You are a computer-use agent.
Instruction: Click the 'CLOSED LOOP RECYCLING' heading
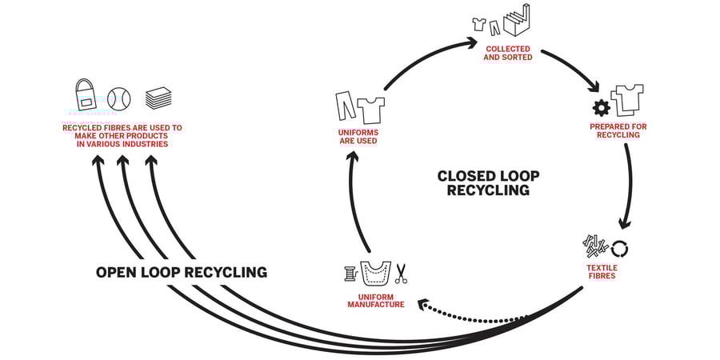pyautogui.click(x=488, y=183)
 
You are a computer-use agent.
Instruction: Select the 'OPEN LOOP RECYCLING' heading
pyautogui.click(x=182, y=272)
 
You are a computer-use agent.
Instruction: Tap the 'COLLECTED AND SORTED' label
pyautogui.click(x=508, y=53)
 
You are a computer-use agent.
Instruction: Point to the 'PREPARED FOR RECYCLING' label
pyautogui.click(x=618, y=130)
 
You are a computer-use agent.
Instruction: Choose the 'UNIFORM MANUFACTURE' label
pyautogui.click(x=375, y=300)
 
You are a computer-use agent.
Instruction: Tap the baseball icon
pyautogui.click(x=119, y=98)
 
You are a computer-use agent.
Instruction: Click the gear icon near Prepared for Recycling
pyautogui.click(x=600, y=108)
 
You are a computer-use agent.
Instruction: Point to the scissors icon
pyautogui.click(x=401, y=274)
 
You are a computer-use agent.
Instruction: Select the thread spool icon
pyautogui.click(x=350, y=274)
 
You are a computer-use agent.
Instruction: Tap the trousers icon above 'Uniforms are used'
pyautogui.click(x=345, y=106)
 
